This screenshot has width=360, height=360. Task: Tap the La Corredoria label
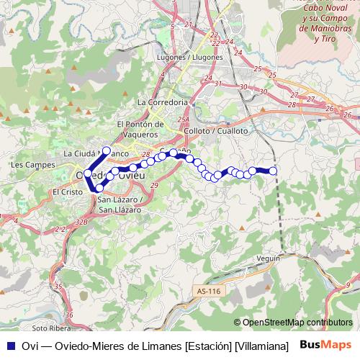167,102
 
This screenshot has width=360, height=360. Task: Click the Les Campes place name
26,165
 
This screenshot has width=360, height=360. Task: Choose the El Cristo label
65,192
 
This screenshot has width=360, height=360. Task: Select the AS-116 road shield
205,291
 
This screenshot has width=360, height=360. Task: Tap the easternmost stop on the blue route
273,171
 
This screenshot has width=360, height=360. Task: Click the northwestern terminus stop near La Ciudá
107,150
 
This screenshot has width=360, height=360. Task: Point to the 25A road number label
183,120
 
